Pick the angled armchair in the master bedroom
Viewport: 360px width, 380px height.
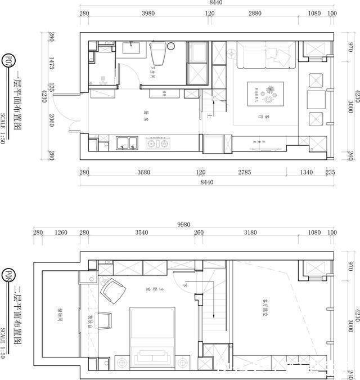pyautogui.click(x=112, y=291)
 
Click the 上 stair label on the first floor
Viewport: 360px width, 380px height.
pyautogui.click(x=209, y=117)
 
